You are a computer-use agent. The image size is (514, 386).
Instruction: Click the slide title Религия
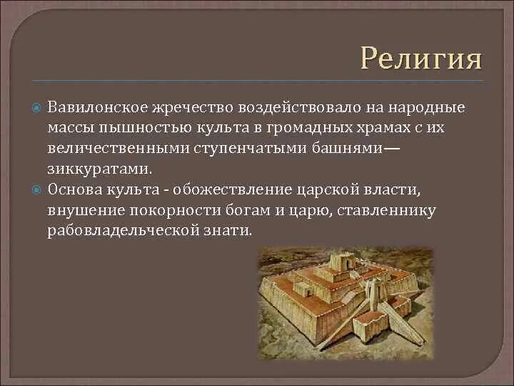(x=421, y=57)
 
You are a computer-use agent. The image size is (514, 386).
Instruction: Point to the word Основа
(x=75, y=190)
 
